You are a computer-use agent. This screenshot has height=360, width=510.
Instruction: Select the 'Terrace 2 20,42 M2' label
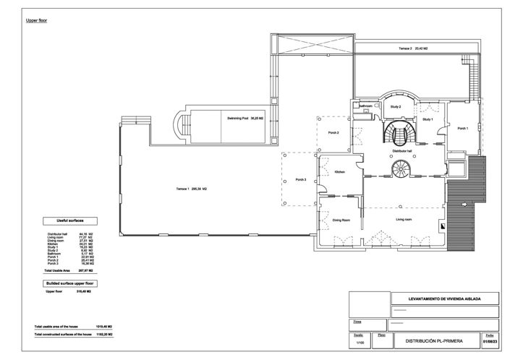pos(414,48)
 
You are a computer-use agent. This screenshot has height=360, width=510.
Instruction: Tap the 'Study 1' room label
pos(428,119)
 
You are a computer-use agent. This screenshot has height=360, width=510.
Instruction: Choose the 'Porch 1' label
pos(463,128)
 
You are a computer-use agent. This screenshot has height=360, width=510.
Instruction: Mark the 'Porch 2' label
pos(333,132)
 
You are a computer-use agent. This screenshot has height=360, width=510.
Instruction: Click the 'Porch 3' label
pos(301,179)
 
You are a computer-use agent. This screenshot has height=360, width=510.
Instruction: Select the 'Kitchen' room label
pos(340,171)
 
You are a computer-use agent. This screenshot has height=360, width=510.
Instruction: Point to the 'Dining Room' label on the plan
pos(341,219)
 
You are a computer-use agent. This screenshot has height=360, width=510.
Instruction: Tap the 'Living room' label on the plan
pos(403,218)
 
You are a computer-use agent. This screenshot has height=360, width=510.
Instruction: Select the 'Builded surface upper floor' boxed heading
pos(70,284)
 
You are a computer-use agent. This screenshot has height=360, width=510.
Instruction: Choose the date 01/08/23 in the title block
pos(490,341)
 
